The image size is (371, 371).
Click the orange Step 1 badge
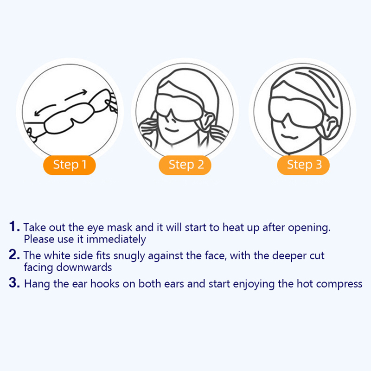point(69,165)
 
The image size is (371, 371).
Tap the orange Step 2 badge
point(185,165)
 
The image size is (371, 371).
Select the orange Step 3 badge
point(303,165)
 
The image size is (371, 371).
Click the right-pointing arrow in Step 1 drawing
point(76,95)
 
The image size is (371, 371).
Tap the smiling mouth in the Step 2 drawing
point(172,130)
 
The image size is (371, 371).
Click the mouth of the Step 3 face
point(289,136)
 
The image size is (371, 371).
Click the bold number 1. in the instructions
point(14,226)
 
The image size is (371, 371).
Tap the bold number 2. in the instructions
point(14,255)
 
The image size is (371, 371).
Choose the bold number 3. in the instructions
point(14,283)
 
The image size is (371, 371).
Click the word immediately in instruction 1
point(116,239)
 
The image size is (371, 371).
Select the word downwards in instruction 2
point(84,268)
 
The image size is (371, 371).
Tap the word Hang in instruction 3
point(37,284)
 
